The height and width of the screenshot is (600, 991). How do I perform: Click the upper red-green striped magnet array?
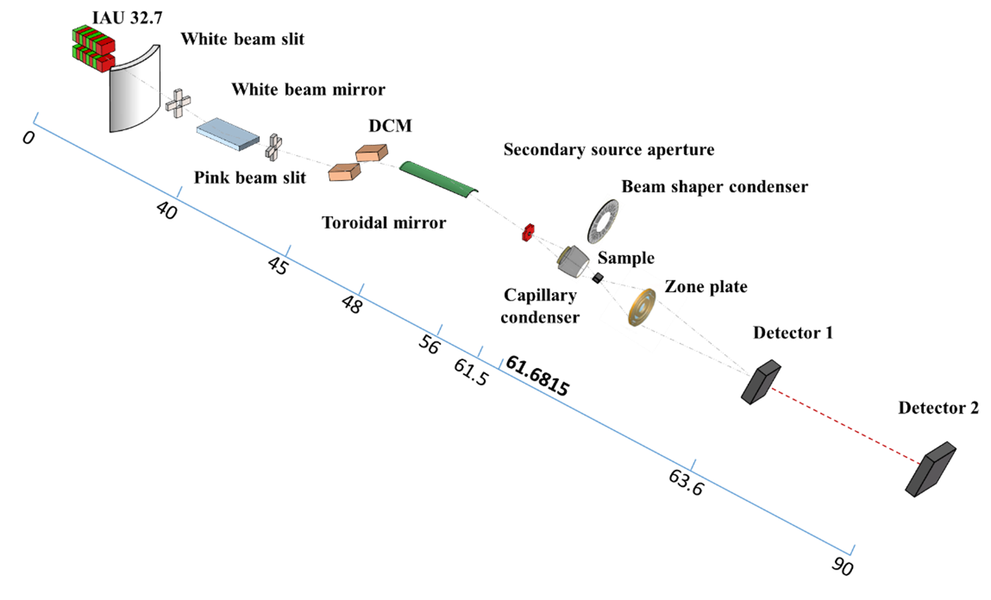pos(93,39)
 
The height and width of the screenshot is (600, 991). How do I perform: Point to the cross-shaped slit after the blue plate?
pos(274,146)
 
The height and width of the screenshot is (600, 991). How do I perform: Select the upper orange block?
pos(372,153)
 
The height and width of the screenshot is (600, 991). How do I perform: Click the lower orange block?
pos(344,172)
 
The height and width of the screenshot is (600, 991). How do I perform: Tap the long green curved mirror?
pos(437,178)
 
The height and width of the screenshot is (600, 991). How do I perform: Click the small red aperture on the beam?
pos(528,232)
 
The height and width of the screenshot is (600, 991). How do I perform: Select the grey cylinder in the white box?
pos(573,261)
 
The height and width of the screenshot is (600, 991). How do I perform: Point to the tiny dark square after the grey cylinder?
pos(599,277)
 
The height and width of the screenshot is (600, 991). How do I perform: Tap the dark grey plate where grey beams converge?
pos(760,382)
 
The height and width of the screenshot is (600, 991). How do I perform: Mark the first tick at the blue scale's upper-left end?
pos(35,118)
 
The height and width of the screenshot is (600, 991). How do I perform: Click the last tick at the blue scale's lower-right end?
pos(852,550)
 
